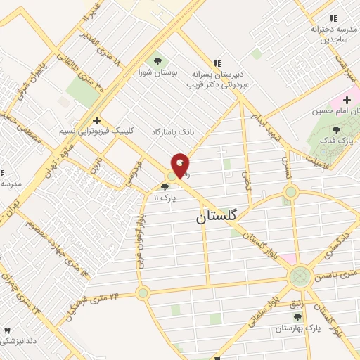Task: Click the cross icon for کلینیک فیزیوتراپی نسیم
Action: tap(96, 120)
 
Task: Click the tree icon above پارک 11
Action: tap(165, 187)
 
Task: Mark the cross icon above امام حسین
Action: tap(347, 100)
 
